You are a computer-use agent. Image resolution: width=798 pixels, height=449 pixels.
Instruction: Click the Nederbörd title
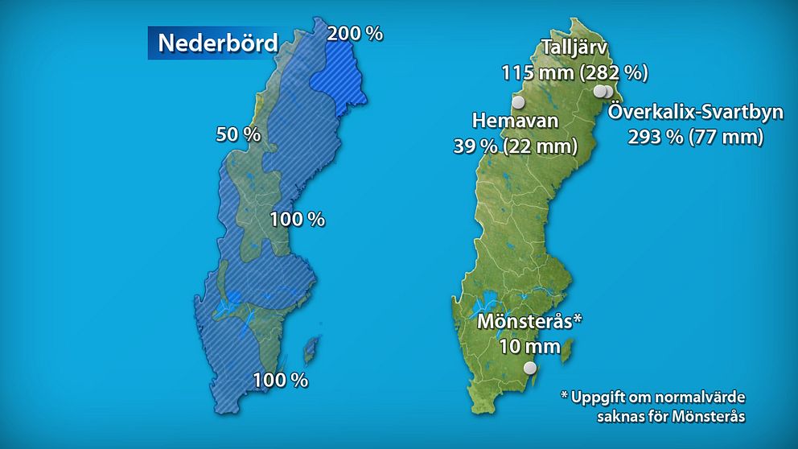pyautogui.click(x=217, y=43)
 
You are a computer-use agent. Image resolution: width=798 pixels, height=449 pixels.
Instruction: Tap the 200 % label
pyautogui.click(x=355, y=33)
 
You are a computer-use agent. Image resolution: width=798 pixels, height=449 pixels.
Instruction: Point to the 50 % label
pyautogui.click(x=238, y=134)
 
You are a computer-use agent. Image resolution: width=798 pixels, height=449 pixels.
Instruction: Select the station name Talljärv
pyautogui.click(x=574, y=47)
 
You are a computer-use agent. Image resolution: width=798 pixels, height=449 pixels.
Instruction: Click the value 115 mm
pyautogui.click(x=536, y=72)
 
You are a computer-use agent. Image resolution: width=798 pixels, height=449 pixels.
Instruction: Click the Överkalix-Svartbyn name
pyautogui.click(x=695, y=112)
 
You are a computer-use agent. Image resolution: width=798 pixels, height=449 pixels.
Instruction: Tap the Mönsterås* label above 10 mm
pyautogui.click(x=529, y=322)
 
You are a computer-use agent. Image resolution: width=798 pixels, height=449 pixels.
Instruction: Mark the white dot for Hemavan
pyautogui.click(x=518, y=102)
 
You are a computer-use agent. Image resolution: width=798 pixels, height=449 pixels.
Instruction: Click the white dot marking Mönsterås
pyautogui.click(x=529, y=368)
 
